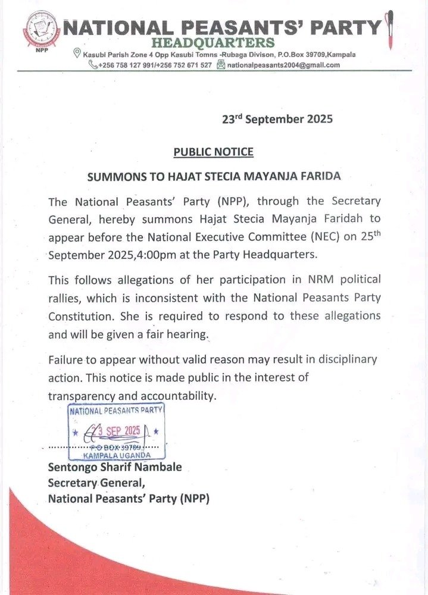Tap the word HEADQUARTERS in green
(213, 43)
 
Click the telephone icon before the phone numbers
(93, 65)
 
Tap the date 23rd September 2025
(277, 119)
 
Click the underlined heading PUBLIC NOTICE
(213, 152)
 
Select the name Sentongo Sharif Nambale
(114, 467)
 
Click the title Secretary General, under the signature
(96, 483)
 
